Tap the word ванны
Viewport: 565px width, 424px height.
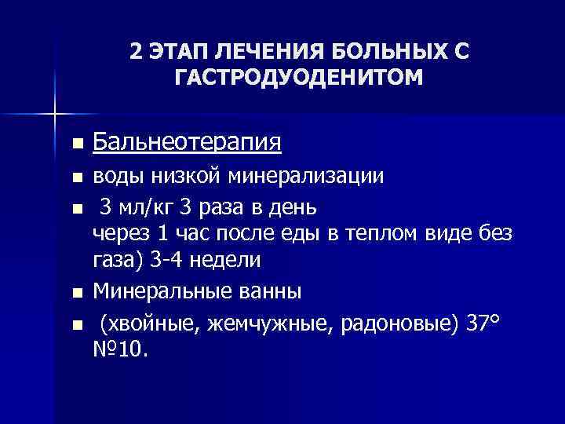pos(257,292)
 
